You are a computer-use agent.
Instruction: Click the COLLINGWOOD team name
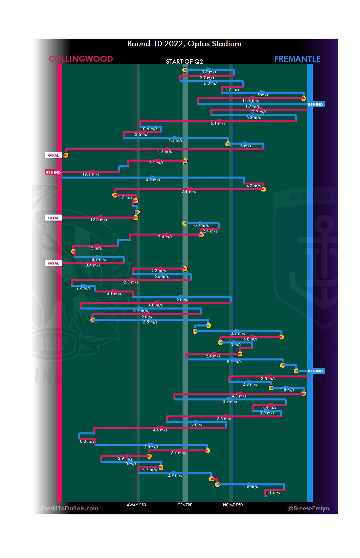[81, 59]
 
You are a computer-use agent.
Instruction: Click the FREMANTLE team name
[297, 59]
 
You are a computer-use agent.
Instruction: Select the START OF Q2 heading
[184, 62]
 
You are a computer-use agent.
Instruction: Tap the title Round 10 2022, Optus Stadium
[184, 44]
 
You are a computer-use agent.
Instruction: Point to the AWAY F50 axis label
[136, 505]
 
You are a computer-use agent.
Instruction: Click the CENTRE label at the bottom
[185, 505]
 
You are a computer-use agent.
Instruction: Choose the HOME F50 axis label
[233, 505]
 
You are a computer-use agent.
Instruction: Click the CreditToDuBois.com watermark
[69, 508]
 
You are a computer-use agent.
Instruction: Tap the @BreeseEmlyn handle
[308, 508]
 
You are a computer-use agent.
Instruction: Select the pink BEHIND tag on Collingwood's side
[53, 172]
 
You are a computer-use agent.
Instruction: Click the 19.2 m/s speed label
[91, 174]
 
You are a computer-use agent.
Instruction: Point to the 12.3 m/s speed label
[99, 220]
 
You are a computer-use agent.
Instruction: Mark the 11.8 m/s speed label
[251, 101]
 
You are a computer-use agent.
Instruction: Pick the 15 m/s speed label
[95, 248]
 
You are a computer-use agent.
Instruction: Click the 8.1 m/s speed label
[234, 362]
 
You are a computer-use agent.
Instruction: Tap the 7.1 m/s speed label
[189, 192]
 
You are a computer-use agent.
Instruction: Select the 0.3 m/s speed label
[87, 441]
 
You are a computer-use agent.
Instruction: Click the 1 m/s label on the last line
[275, 492]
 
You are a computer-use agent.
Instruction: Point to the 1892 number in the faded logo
[53, 344]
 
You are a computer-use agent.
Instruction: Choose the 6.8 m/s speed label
[250, 339]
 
